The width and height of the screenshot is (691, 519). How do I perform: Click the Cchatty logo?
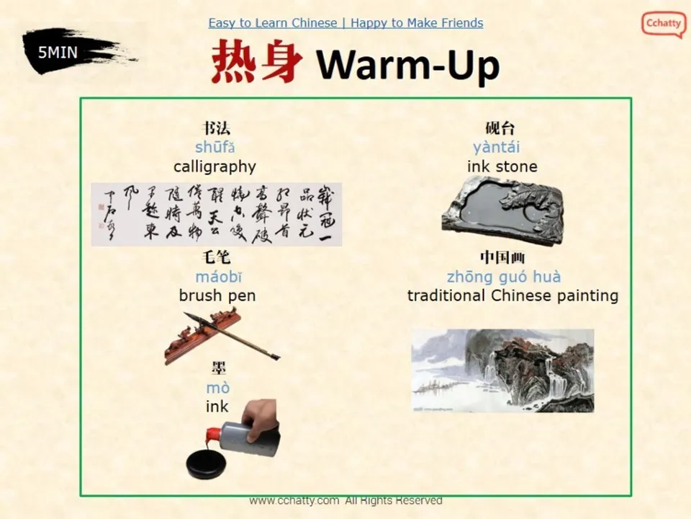(x=663, y=24)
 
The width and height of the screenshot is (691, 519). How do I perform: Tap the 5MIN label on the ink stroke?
(x=58, y=51)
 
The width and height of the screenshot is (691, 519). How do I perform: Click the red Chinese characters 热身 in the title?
(x=256, y=63)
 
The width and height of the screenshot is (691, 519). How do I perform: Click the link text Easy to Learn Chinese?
(x=273, y=23)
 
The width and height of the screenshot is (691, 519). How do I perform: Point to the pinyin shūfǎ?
(x=215, y=148)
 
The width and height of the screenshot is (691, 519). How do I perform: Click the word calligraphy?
(x=214, y=167)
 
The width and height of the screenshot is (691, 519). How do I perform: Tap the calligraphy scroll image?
(x=216, y=214)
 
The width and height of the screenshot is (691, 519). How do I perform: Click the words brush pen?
(x=217, y=296)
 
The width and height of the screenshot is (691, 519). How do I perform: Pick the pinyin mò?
(x=217, y=389)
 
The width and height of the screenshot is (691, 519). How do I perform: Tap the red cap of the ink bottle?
(x=213, y=435)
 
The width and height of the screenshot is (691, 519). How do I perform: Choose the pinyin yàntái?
(x=496, y=148)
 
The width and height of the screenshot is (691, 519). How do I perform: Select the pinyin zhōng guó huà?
(x=503, y=277)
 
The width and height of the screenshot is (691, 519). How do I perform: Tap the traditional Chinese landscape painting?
(x=502, y=371)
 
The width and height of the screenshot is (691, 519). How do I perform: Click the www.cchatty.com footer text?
(x=294, y=500)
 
